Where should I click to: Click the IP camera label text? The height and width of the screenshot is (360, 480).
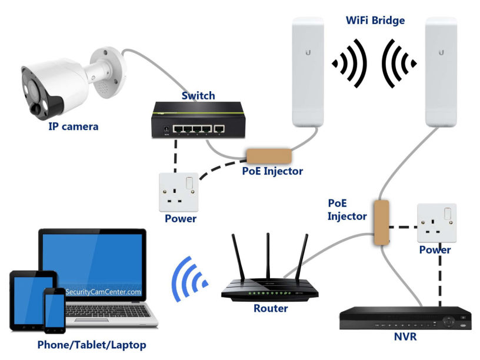(x=73, y=126)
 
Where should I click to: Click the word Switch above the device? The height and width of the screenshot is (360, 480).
(x=198, y=95)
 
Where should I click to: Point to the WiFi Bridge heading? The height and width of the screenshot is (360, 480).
(x=375, y=21)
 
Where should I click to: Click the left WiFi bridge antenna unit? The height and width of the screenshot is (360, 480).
(x=308, y=71)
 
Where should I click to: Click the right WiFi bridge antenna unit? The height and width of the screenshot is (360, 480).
(x=441, y=71)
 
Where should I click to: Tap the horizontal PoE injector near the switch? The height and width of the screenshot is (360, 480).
(x=269, y=156)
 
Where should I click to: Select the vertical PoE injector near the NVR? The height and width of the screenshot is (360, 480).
(x=381, y=223)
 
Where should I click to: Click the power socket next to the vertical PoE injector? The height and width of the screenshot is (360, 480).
(x=436, y=223)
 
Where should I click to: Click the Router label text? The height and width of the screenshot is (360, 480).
(x=271, y=308)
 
